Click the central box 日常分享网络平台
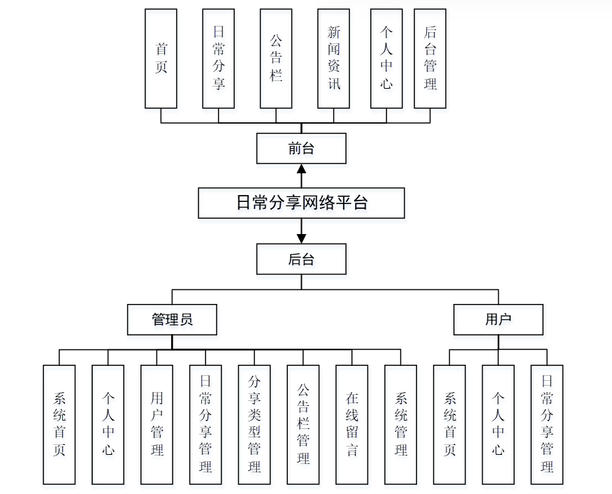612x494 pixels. [x=301, y=203]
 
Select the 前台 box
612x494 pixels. [x=301, y=148]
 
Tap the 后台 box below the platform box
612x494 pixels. [x=301, y=259]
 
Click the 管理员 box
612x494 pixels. [x=172, y=320]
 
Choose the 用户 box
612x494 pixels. [x=498, y=320]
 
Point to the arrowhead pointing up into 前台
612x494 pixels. [x=301, y=168]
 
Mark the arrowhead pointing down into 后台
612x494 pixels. [x=301, y=239]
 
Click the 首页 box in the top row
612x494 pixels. [x=161, y=59]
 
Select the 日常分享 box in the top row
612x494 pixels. [x=219, y=59]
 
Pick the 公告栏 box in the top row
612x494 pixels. [x=276, y=59]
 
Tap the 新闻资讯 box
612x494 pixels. [x=334, y=59]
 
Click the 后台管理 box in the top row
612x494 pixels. [x=430, y=59]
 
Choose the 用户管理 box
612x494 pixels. [x=157, y=425]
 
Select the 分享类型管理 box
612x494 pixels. [x=254, y=425]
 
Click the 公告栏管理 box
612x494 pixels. [x=303, y=425]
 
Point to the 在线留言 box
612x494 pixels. [x=352, y=425]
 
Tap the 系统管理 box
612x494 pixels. [x=401, y=425]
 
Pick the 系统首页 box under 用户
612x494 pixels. [x=450, y=425]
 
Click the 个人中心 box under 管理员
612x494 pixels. [x=108, y=425]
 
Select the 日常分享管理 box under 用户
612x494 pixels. [x=547, y=425]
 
